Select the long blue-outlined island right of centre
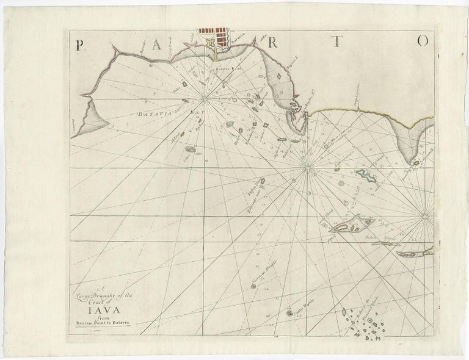tap(368, 176)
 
